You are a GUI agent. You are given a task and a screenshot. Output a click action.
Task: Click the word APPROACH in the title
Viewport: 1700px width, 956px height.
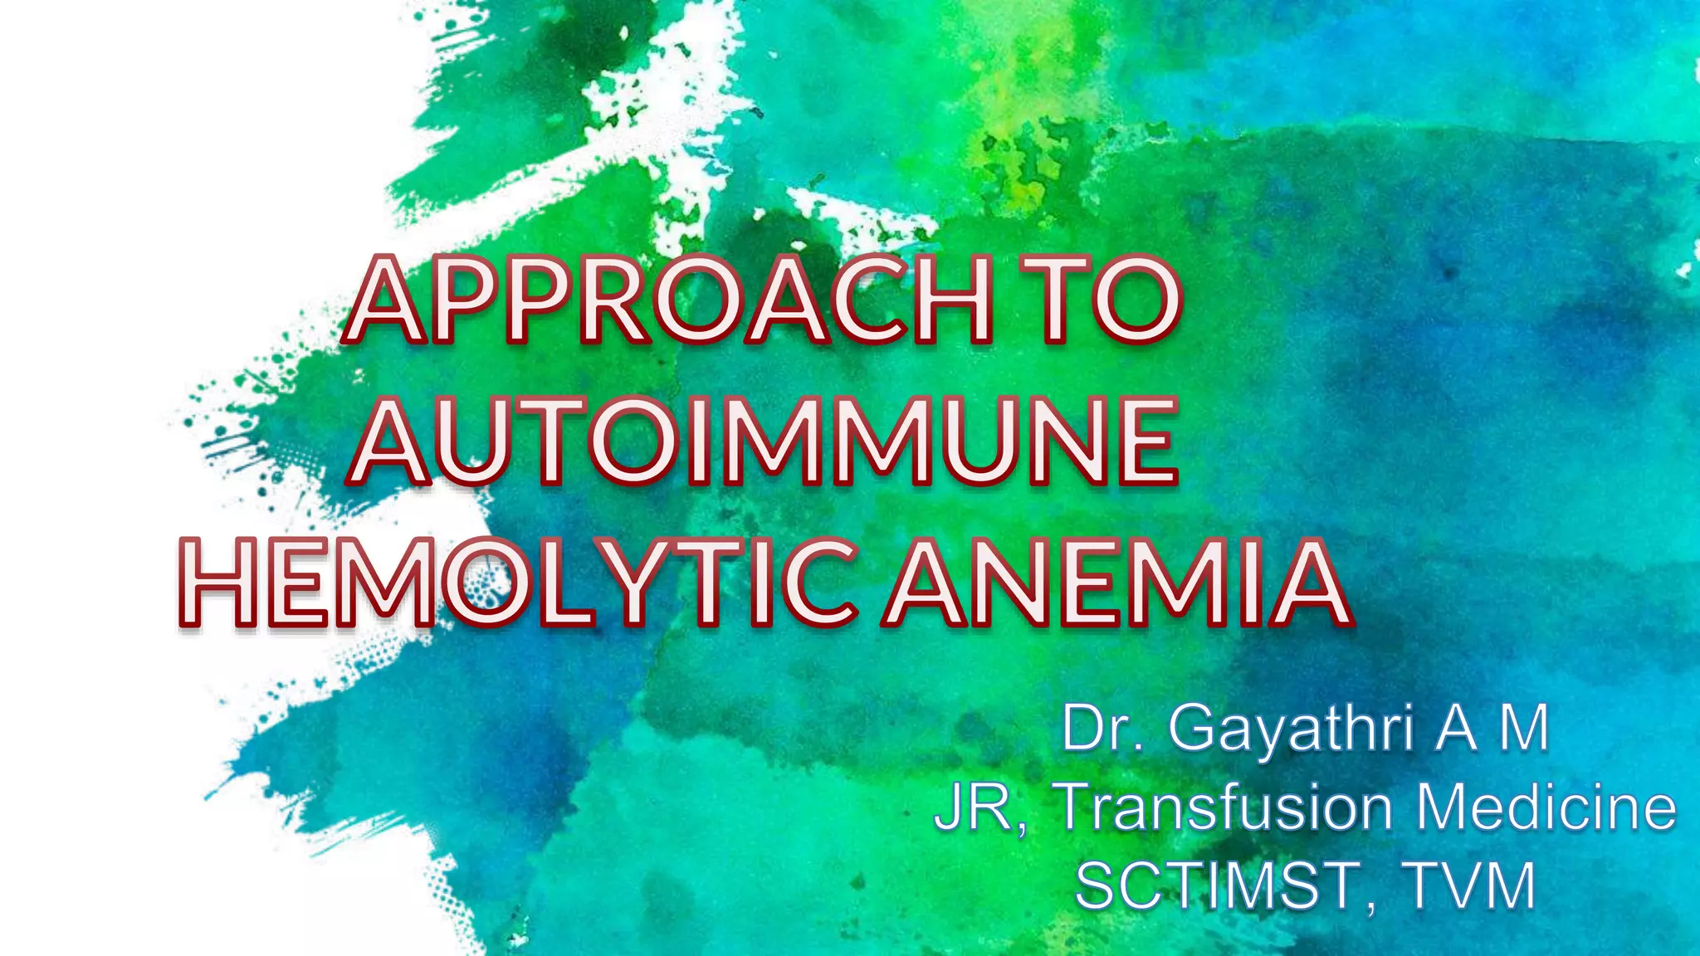pyautogui.click(x=668, y=300)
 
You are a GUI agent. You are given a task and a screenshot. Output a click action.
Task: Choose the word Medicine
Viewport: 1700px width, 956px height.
pyautogui.click(x=1546, y=807)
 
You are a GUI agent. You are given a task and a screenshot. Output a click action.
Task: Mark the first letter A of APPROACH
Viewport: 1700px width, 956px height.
pyautogui.click(x=387, y=300)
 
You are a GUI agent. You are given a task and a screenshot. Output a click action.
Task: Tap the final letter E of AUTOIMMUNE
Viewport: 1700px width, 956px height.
pyautogui.click(x=1147, y=441)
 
